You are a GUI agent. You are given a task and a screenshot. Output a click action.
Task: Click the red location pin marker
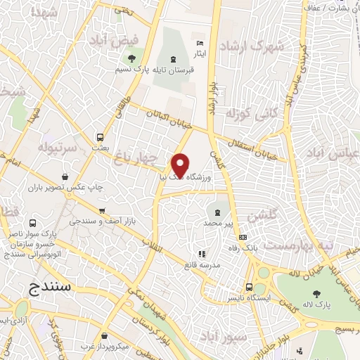click(x=181, y=165)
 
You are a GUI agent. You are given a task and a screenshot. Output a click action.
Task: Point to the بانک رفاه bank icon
click(x=243, y=237)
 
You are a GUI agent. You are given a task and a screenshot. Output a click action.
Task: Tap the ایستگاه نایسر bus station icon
click(x=250, y=287)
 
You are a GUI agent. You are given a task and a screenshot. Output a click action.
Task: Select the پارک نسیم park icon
click(x=131, y=56)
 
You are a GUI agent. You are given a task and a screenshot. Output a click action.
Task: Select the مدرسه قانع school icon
click(x=202, y=254)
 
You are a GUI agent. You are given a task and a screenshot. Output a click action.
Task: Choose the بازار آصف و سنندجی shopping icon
click(x=103, y=210)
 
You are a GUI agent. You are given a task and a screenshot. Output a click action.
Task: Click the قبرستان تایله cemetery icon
click(x=174, y=58)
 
